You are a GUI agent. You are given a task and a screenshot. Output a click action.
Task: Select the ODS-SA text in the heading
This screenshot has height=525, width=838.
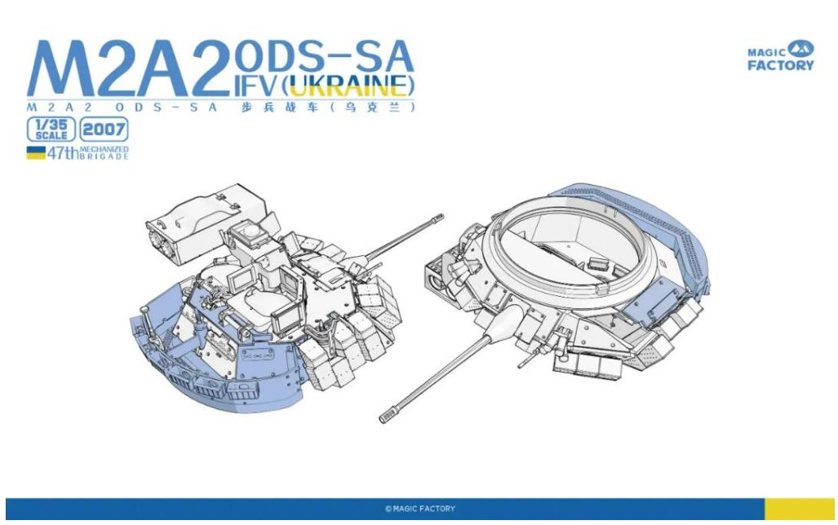tap(324, 56)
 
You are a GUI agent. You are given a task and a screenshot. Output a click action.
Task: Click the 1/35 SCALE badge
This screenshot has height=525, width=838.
tap(51, 130)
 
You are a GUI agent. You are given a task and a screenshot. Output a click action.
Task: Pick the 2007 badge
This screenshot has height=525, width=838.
tap(104, 130)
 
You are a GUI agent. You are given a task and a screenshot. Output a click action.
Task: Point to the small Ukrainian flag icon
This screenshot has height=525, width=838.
tap(36, 152)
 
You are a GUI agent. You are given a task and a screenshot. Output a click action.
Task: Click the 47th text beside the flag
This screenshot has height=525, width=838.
tap(63, 153)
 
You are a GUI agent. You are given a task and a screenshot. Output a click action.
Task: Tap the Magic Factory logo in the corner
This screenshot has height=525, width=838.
tap(780, 56)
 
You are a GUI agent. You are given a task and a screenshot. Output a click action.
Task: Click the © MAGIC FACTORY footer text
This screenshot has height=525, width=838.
tap(420, 509)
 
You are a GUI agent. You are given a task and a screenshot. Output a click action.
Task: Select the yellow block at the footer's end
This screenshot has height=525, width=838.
tap(800, 509)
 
